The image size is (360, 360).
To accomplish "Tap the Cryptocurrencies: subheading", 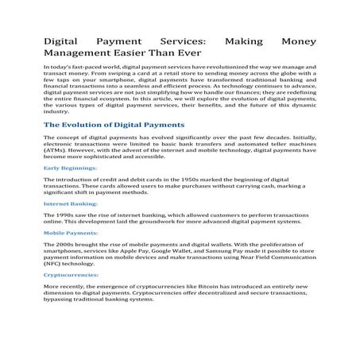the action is (x=72, y=273).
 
